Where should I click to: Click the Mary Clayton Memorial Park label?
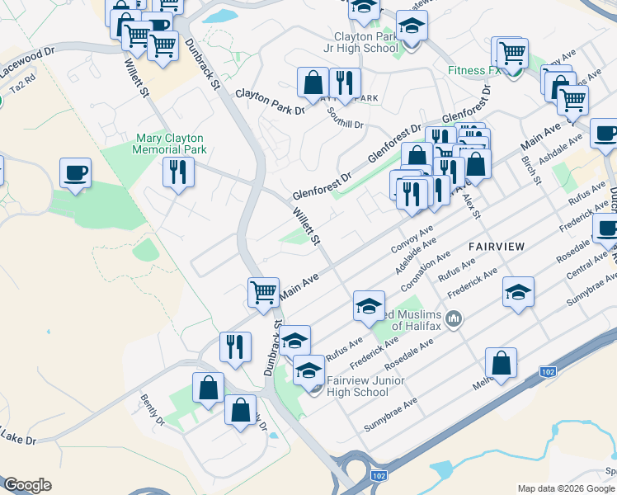coord(171,144)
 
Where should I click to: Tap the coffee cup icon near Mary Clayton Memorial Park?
coord(76,173)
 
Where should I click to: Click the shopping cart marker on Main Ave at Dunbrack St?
coord(263,292)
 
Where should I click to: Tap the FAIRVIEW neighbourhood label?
coord(497,247)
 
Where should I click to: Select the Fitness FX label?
coord(474,70)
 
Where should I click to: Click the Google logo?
coord(27,485)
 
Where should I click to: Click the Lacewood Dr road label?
coord(29,51)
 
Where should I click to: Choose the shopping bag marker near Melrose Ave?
coord(501,362)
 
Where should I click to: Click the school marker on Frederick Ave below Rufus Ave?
coord(518,292)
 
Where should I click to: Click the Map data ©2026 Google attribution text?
coord(565,488)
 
